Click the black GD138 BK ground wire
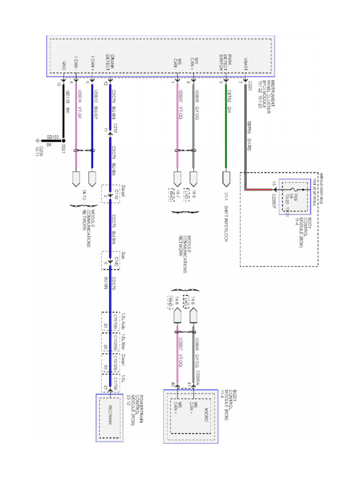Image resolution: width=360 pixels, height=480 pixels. coord(64,112)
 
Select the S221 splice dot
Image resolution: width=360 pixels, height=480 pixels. coord(64,140)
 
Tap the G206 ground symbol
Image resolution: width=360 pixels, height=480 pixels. coord(38,142)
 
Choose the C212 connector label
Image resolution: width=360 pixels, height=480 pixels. coord(115,127)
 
